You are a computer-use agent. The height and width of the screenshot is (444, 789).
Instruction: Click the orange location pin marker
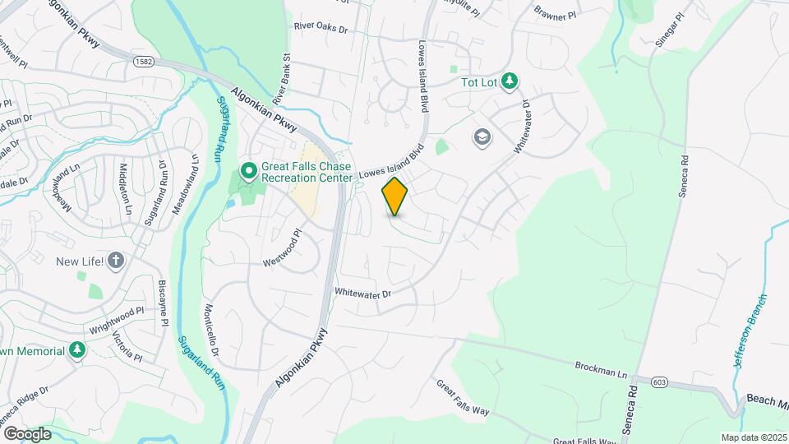[395, 196]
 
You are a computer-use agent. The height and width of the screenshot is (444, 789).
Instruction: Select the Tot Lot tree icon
[510, 81]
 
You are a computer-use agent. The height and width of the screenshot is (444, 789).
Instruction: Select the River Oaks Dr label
[321, 27]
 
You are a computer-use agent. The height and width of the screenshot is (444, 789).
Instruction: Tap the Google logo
[27, 433]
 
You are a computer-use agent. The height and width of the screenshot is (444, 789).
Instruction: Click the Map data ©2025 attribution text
[752, 437]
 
